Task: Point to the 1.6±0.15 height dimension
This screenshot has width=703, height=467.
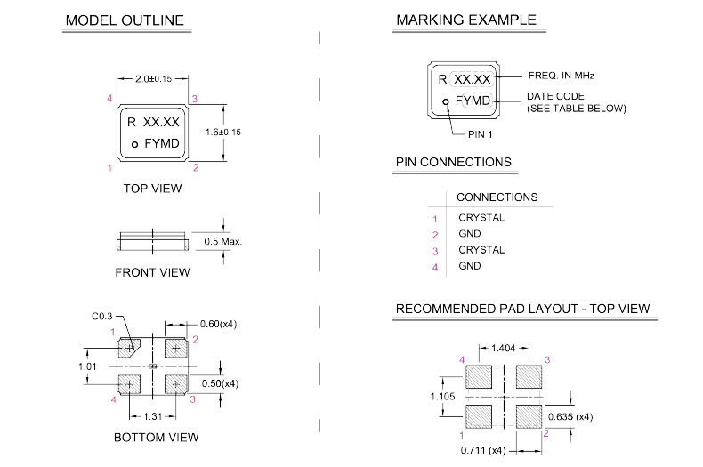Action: coord(222,132)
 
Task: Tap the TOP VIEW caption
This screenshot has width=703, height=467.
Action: coord(153,189)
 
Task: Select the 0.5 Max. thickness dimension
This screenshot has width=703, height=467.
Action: coord(222,241)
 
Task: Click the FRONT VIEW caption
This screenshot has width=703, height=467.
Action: coord(153,272)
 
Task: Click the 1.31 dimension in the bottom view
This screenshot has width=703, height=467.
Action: coord(154,415)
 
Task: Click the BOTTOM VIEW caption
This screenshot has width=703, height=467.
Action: coord(157,437)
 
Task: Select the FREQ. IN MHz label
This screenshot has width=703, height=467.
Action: coord(561,76)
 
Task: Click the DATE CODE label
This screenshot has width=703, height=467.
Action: coord(555,95)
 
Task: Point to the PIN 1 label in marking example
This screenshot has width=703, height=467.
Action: coord(481,133)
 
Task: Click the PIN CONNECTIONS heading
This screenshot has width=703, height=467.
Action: coord(453,162)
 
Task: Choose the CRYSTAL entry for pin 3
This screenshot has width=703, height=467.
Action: coord(481,250)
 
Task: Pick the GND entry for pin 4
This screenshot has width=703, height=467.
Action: coord(469,266)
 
